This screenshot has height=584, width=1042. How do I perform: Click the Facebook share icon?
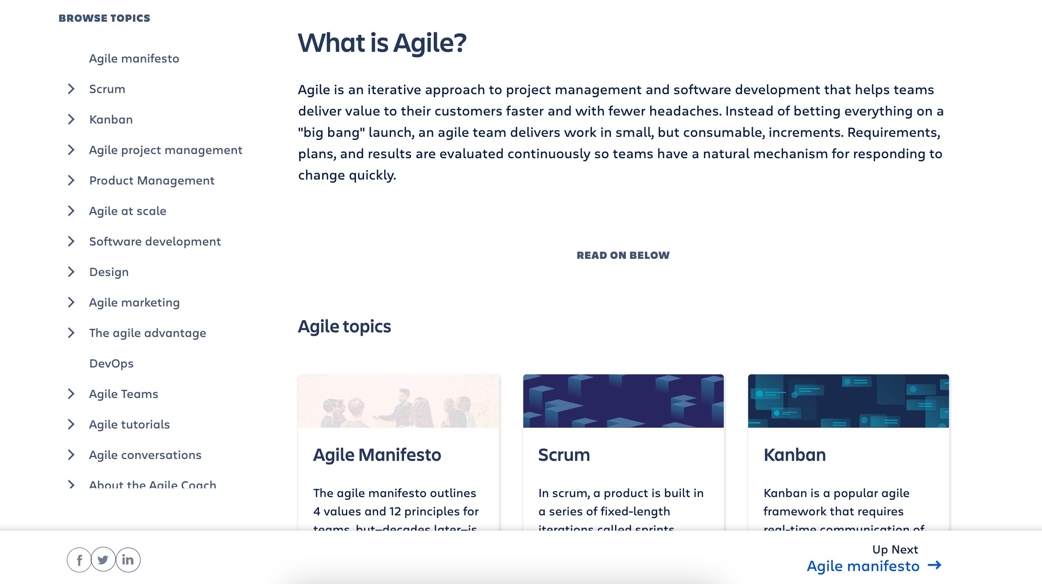point(79,560)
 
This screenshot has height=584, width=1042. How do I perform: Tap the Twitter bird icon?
point(103,560)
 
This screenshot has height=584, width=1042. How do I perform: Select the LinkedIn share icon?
point(128,560)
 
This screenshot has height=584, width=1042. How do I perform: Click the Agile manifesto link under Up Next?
point(863,566)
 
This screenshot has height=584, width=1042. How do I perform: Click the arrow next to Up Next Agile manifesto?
point(935,565)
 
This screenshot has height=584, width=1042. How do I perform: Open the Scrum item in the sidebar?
point(107,89)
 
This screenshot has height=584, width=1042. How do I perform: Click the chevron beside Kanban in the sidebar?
point(71,119)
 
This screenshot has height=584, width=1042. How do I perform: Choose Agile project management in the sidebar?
point(165,150)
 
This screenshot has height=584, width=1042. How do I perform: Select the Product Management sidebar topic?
point(152,181)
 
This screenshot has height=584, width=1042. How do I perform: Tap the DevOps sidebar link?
point(111,363)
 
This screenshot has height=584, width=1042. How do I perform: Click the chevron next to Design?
point(71,272)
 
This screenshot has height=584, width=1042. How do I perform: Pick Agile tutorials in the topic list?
point(130,425)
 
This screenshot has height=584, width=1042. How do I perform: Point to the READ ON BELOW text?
point(623,255)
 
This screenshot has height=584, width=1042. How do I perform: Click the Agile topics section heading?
point(344,327)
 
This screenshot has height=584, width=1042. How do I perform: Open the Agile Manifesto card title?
point(377,455)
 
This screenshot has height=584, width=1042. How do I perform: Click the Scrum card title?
point(564,455)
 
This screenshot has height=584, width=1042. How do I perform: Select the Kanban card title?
point(794,455)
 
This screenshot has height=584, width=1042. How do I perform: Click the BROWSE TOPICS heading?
point(104,18)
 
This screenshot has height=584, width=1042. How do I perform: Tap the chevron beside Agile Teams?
point(71,394)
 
